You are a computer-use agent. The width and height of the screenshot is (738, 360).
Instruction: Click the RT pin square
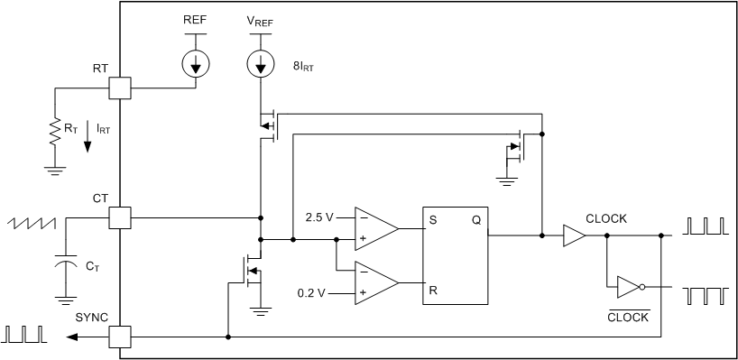(120, 88)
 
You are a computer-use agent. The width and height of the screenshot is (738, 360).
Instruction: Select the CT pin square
(120, 217)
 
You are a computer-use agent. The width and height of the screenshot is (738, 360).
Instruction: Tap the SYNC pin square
(120, 337)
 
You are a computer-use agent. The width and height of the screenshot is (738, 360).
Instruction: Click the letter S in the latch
(435, 218)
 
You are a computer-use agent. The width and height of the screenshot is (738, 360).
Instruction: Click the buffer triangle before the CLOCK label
(573, 235)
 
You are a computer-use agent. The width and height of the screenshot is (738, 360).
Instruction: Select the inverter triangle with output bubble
(628, 287)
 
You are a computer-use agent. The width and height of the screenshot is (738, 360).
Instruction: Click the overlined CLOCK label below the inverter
(628, 317)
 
